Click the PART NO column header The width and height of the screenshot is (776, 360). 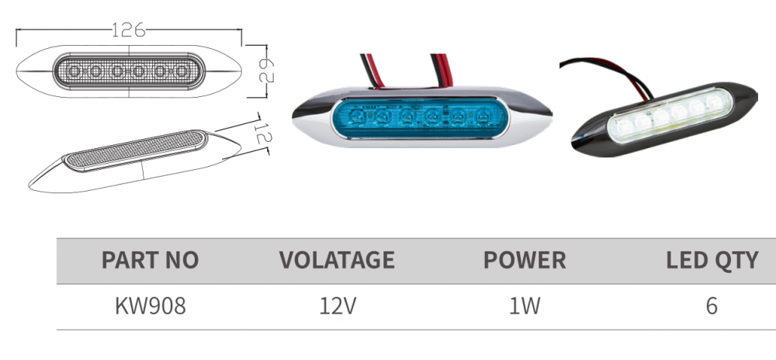(150, 260)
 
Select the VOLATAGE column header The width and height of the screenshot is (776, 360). (337, 260)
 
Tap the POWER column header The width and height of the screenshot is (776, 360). (525, 260)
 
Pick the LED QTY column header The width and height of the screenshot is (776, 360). (712, 260)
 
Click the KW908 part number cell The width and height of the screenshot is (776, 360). (150, 306)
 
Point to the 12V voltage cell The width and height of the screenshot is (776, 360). (338, 306)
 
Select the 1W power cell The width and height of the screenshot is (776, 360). (525, 306)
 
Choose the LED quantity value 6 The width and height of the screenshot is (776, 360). (712, 306)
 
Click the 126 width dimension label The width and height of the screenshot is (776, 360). (129, 31)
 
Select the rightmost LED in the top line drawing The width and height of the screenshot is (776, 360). (183, 73)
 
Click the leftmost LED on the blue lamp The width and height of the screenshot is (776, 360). (357, 119)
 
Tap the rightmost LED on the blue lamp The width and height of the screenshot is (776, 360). (483, 119)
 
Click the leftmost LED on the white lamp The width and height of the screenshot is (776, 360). (625, 125)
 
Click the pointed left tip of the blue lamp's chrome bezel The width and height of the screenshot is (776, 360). (295, 119)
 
